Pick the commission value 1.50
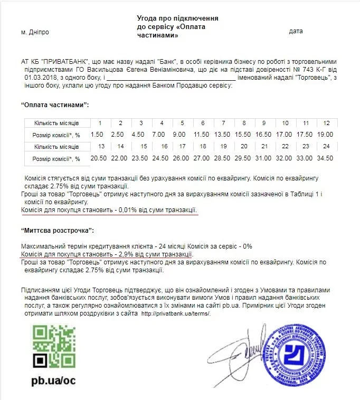97,135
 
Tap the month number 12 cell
326,123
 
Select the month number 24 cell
326,146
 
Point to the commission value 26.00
180,158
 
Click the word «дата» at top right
296,31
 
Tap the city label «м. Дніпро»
35,32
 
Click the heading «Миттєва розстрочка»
58,231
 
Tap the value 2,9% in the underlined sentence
124,254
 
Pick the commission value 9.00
180,135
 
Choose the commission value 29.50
243,158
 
